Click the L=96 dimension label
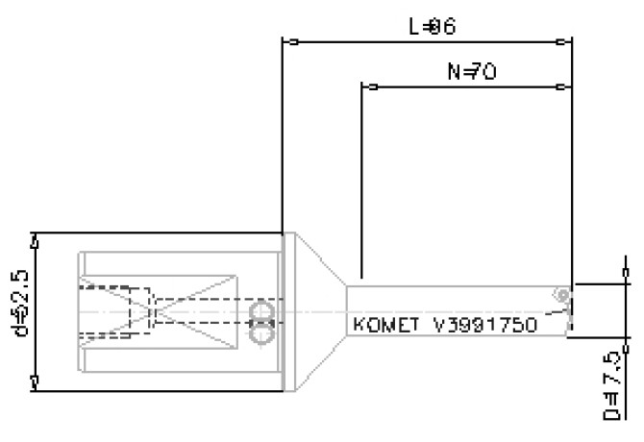pyautogui.click(x=432, y=26)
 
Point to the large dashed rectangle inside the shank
pyautogui.click(x=115, y=312)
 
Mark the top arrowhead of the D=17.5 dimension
pyautogui.click(x=626, y=289)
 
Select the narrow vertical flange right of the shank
pyautogui.click(x=286, y=312)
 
